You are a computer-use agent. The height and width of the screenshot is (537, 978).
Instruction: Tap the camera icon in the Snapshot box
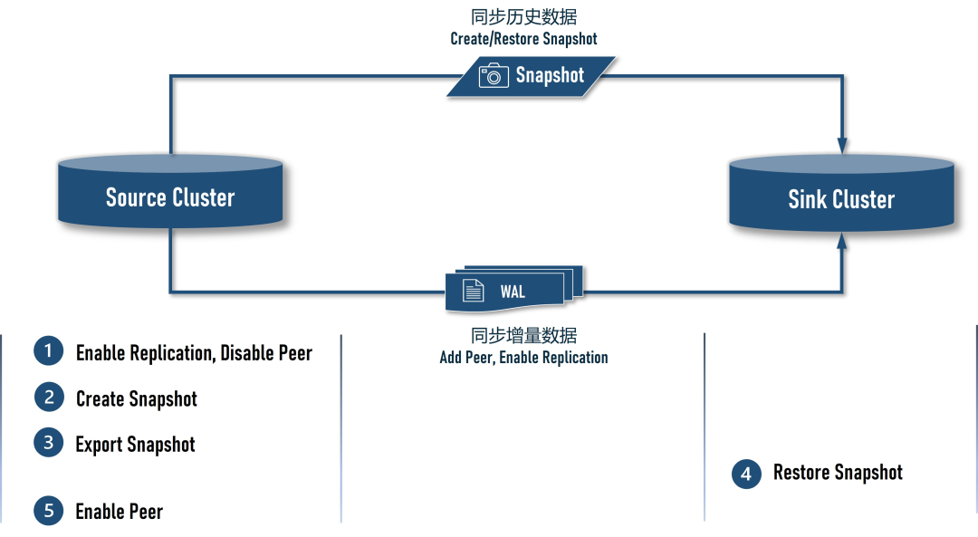click(494, 75)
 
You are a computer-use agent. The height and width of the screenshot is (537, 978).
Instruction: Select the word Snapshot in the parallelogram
click(550, 75)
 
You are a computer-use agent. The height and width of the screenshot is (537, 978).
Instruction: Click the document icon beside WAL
click(473, 291)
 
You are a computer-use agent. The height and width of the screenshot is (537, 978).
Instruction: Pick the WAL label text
click(513, 292)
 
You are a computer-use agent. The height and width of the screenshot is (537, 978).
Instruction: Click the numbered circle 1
click(49, 351)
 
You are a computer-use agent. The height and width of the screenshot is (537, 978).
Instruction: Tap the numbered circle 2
click(49, 397)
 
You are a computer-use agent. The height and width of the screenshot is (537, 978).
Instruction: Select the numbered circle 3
click(49, 443)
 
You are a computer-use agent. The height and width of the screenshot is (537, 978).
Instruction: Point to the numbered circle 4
click(746, 474)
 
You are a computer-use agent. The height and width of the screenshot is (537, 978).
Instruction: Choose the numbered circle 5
click(49, 511)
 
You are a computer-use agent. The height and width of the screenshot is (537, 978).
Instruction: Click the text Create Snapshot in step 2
click(136, 398)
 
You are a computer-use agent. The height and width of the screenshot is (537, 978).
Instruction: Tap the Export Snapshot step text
click(135, 445)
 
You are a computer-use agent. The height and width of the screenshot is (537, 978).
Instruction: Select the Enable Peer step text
click(119, 512)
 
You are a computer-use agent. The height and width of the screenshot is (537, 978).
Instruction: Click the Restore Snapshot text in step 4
click(838, 473)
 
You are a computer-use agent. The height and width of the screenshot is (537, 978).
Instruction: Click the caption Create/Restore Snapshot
click(523, 39)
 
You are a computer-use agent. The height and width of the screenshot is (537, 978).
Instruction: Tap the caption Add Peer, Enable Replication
click(523, 358)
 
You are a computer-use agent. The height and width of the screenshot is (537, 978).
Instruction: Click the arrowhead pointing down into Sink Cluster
click(842, 146)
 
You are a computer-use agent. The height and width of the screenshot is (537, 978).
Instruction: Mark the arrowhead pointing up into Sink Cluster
click(842, 240)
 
